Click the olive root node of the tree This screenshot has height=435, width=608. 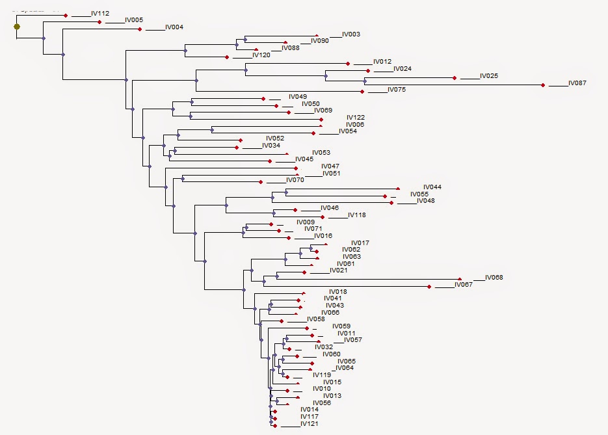pos(17,27)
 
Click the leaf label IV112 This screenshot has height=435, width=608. pos(100,14)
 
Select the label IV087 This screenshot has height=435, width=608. pos(577,83)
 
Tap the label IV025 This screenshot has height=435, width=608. pos(489,76)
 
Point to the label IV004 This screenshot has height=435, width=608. pos(174,27)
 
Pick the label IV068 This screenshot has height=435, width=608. pos(494,278)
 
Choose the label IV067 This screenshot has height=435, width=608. pos(464,285)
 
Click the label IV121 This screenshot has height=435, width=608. pos(310,424)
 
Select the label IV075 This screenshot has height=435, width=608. pos(397,90)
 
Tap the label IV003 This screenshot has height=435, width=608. pos(351,34)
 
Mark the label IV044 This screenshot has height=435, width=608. pos(432,187)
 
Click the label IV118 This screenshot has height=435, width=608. pos(357,215)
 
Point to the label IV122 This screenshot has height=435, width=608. pos(356,118)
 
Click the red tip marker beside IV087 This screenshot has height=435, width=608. pos(543,85)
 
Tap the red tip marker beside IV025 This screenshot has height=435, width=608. pos(455,78)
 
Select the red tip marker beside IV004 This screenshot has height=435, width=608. pos(140,29)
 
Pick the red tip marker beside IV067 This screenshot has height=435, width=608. pos(429,286)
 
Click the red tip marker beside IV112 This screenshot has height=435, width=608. pos(66,15)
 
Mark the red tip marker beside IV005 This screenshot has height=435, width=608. pos(99,22)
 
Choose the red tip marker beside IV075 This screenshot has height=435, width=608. pos(362,91)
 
